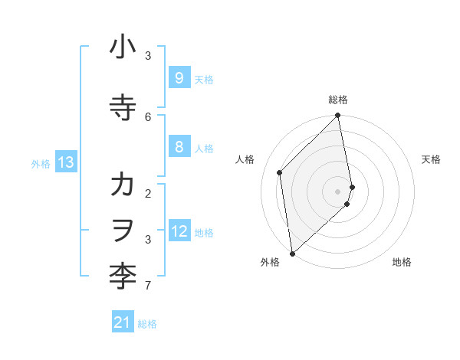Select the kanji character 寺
[x=123, y=108]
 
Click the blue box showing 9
[x=179, y=78]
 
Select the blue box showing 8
[x=179, y=147]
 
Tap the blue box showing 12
[x=179, y=231]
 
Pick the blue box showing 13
[x=66, y=162]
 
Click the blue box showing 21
[x=123, y=323]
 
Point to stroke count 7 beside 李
[x=148, y=286]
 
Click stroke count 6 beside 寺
[x=148, y=116]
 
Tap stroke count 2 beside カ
[x=148, y=193]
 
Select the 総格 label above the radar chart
[x=338, y=100]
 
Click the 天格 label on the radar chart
[x=431, y=159]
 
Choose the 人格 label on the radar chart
[x=245, y=159]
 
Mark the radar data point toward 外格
[x=291, y=253]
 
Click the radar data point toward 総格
[x=338, y=116]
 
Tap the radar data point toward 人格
[x=280, y=172]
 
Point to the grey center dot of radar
[x=338, y=191]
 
